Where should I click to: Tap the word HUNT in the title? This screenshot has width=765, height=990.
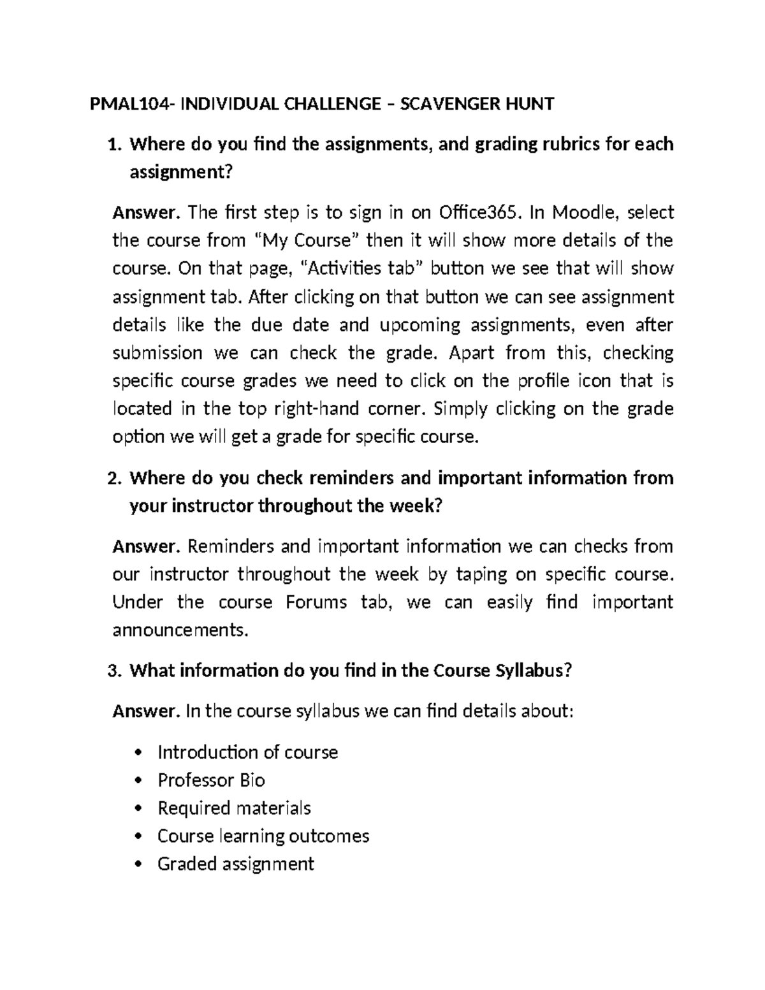point(527,103)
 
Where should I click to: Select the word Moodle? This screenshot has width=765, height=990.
point(580,212)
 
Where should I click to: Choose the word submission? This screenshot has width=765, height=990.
point(157,353)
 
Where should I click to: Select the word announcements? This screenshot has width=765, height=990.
point(178,630)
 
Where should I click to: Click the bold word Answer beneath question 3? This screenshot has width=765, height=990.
point(146,711)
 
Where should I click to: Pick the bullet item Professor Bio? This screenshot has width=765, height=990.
point(211,780)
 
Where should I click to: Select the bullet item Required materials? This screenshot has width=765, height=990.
point(234,808)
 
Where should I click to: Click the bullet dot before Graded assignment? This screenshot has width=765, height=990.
point(140,865)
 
